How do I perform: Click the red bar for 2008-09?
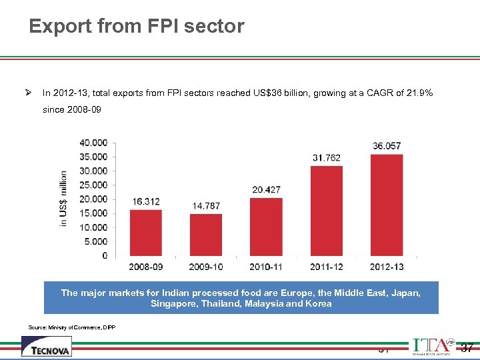pos(146,233)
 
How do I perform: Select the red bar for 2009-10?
pos(206,235)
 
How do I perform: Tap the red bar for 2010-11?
pos(266,227)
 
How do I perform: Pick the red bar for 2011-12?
pos(327,211)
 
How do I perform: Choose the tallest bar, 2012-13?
pos(387,205)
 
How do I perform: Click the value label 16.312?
pos(146,201)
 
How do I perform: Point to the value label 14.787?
pos(206,206)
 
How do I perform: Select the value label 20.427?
pos(266,190)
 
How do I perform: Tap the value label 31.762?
pos(327,158)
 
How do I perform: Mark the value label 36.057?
pos(387,146)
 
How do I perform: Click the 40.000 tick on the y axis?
pos(93,143)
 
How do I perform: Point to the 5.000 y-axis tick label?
pos(96,241)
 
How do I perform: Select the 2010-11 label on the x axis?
pos(266,267)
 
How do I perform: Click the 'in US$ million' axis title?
pos(63,199)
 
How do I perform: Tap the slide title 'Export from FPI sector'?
pos(137,27)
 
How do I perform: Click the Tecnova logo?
pos(47,347)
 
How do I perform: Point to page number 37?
pos(467,347)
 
